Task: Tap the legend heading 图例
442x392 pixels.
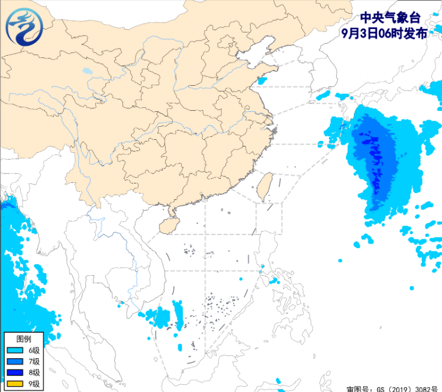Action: coord(23,339)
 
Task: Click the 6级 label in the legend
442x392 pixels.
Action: coord(34,351)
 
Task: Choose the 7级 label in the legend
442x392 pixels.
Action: coord(34,362)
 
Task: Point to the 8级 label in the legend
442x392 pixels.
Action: coord(34,373)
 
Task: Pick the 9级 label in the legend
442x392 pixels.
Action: coord(34,384)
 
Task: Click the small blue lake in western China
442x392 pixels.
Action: coord(88,70)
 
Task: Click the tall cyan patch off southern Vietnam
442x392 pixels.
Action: coord(178,314)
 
